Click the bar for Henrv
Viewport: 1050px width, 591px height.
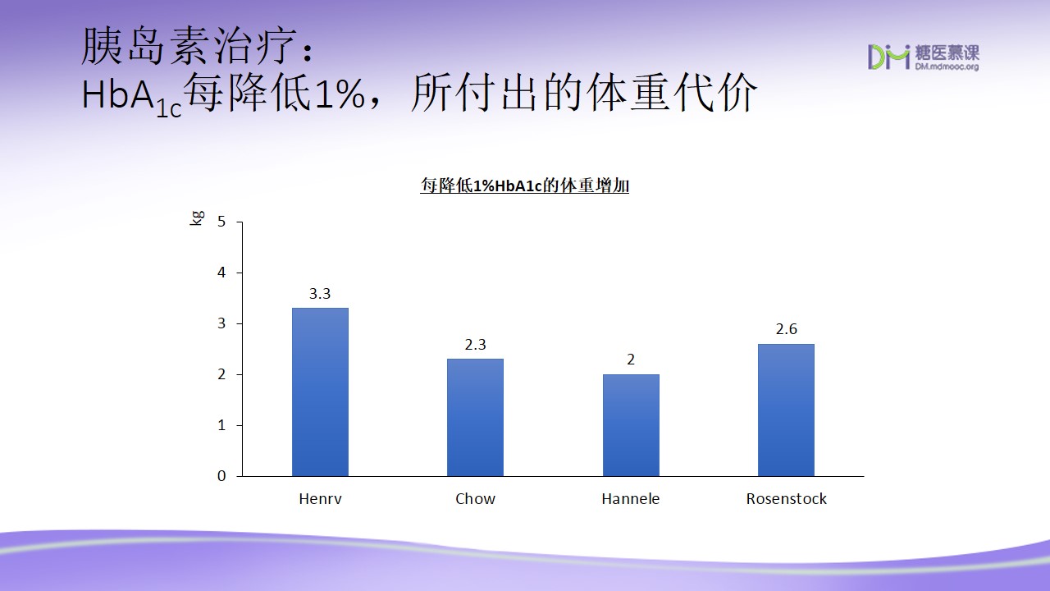point(320,392)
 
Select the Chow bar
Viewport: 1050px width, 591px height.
point(475,418)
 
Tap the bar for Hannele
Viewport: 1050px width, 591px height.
point(631,425)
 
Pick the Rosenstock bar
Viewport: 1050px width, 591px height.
point(786,410)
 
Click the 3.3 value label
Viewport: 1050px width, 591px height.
point(320,294)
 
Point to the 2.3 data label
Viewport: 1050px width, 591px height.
point(475,345)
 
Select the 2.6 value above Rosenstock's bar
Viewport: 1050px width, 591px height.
point(786,329)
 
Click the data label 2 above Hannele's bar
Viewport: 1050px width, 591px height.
point(631,360)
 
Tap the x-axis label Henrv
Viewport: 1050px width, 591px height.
point(320,498)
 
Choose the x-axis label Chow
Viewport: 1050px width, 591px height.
point(475,498)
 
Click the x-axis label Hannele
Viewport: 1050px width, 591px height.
point(631,498)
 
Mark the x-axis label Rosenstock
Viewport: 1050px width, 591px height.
point(786,498)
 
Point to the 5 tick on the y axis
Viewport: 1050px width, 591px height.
point(221,222)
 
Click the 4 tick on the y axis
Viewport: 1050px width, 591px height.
point(221,273)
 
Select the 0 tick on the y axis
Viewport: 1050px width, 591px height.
point(221,476)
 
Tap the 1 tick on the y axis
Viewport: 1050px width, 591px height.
point(221,425)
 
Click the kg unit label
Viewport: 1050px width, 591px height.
point(198,218)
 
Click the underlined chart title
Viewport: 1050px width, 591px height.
point(524,186)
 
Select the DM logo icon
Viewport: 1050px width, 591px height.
point(888,57)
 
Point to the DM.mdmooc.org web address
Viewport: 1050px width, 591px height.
point(947,67)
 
